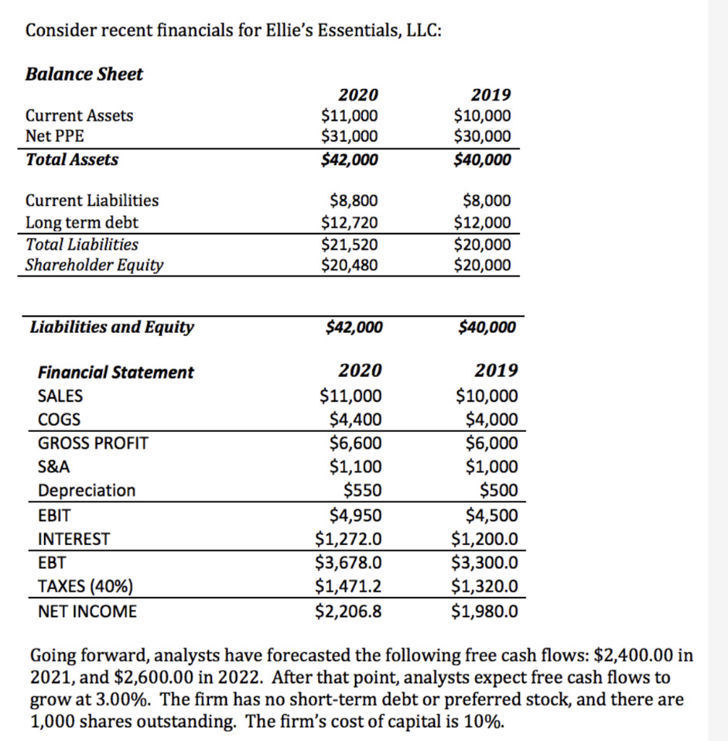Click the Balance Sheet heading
coord(84,74)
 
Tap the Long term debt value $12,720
coord(349,222)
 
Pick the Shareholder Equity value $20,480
coord(349,265)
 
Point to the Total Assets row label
coord(72,159)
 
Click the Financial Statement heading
coord(116,372)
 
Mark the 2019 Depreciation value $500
coord(499,491)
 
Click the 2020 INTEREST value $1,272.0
coord(349,539)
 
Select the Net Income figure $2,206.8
coord(349,611)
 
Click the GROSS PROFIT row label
coord(93,443)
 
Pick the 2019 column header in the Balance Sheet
coord(490,95)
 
